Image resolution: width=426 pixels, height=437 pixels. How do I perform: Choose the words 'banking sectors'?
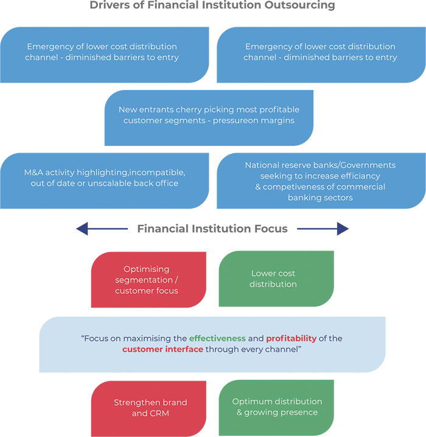pyautogui.click(x=320, y=198)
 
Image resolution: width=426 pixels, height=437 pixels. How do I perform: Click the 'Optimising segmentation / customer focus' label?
pyautogui.click(x=146, y=280)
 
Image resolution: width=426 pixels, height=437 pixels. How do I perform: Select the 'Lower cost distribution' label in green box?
pyautogui.click(x=273, y=279)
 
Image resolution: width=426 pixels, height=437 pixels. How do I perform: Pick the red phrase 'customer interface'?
pyautogui.click(x=162, y=349)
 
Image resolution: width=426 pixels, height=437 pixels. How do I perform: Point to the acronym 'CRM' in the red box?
pyautogui.click(x=159, y=413)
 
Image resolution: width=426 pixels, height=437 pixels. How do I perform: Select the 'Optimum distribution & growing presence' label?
pyautogui.click(x=277, y=407)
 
